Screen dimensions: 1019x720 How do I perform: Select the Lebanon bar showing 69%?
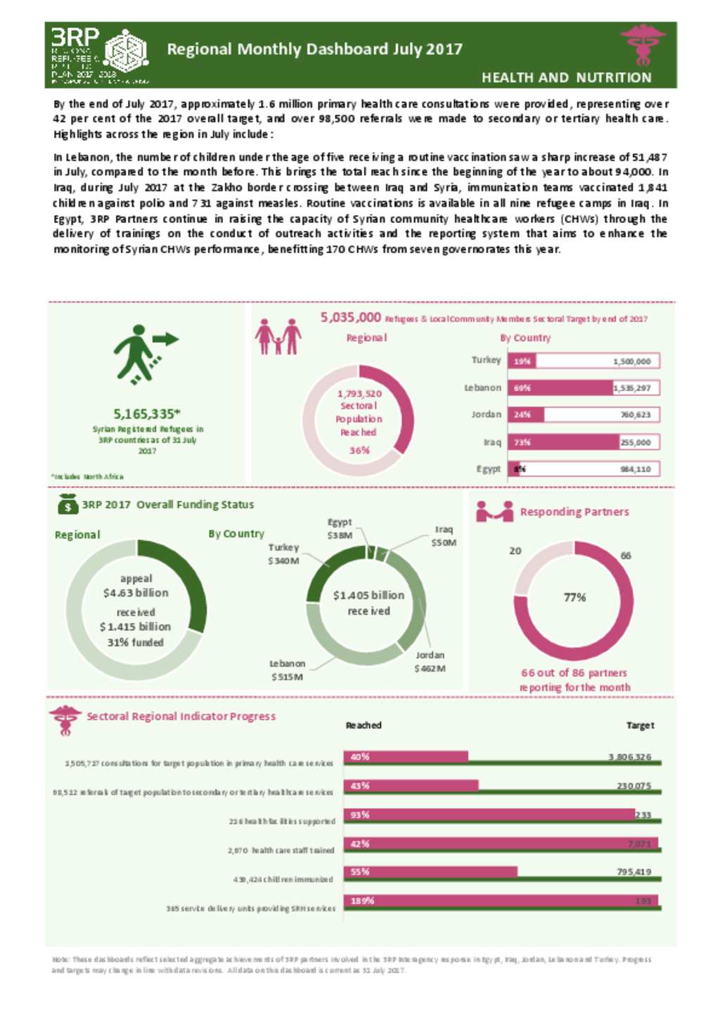click(560, 388)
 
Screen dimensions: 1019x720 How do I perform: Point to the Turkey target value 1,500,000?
click(631, 361)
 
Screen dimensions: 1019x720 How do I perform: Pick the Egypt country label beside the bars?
click(488, 469)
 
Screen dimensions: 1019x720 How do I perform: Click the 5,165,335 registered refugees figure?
click(147, 414)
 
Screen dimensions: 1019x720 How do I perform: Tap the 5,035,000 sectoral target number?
click(351, 318)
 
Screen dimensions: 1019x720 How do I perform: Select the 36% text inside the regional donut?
click(359, 450)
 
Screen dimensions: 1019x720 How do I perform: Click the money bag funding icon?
click(67, 504)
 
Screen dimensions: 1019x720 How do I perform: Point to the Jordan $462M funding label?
click(430, 662)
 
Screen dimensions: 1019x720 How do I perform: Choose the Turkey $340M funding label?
click(283, 553)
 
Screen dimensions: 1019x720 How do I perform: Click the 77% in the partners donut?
click(574, 597)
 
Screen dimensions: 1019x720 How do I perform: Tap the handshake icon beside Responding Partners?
click(494, 511)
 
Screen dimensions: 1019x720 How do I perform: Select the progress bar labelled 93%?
click(489, 814)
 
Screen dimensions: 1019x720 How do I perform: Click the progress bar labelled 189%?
click(501, 901)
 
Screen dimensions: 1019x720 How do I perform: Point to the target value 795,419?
click(634, 872)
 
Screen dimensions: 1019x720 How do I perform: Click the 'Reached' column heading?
click(364, 725)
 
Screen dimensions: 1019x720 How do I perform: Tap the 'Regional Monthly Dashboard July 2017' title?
click(314, 49)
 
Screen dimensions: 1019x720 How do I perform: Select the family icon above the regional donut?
click(278, 336)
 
